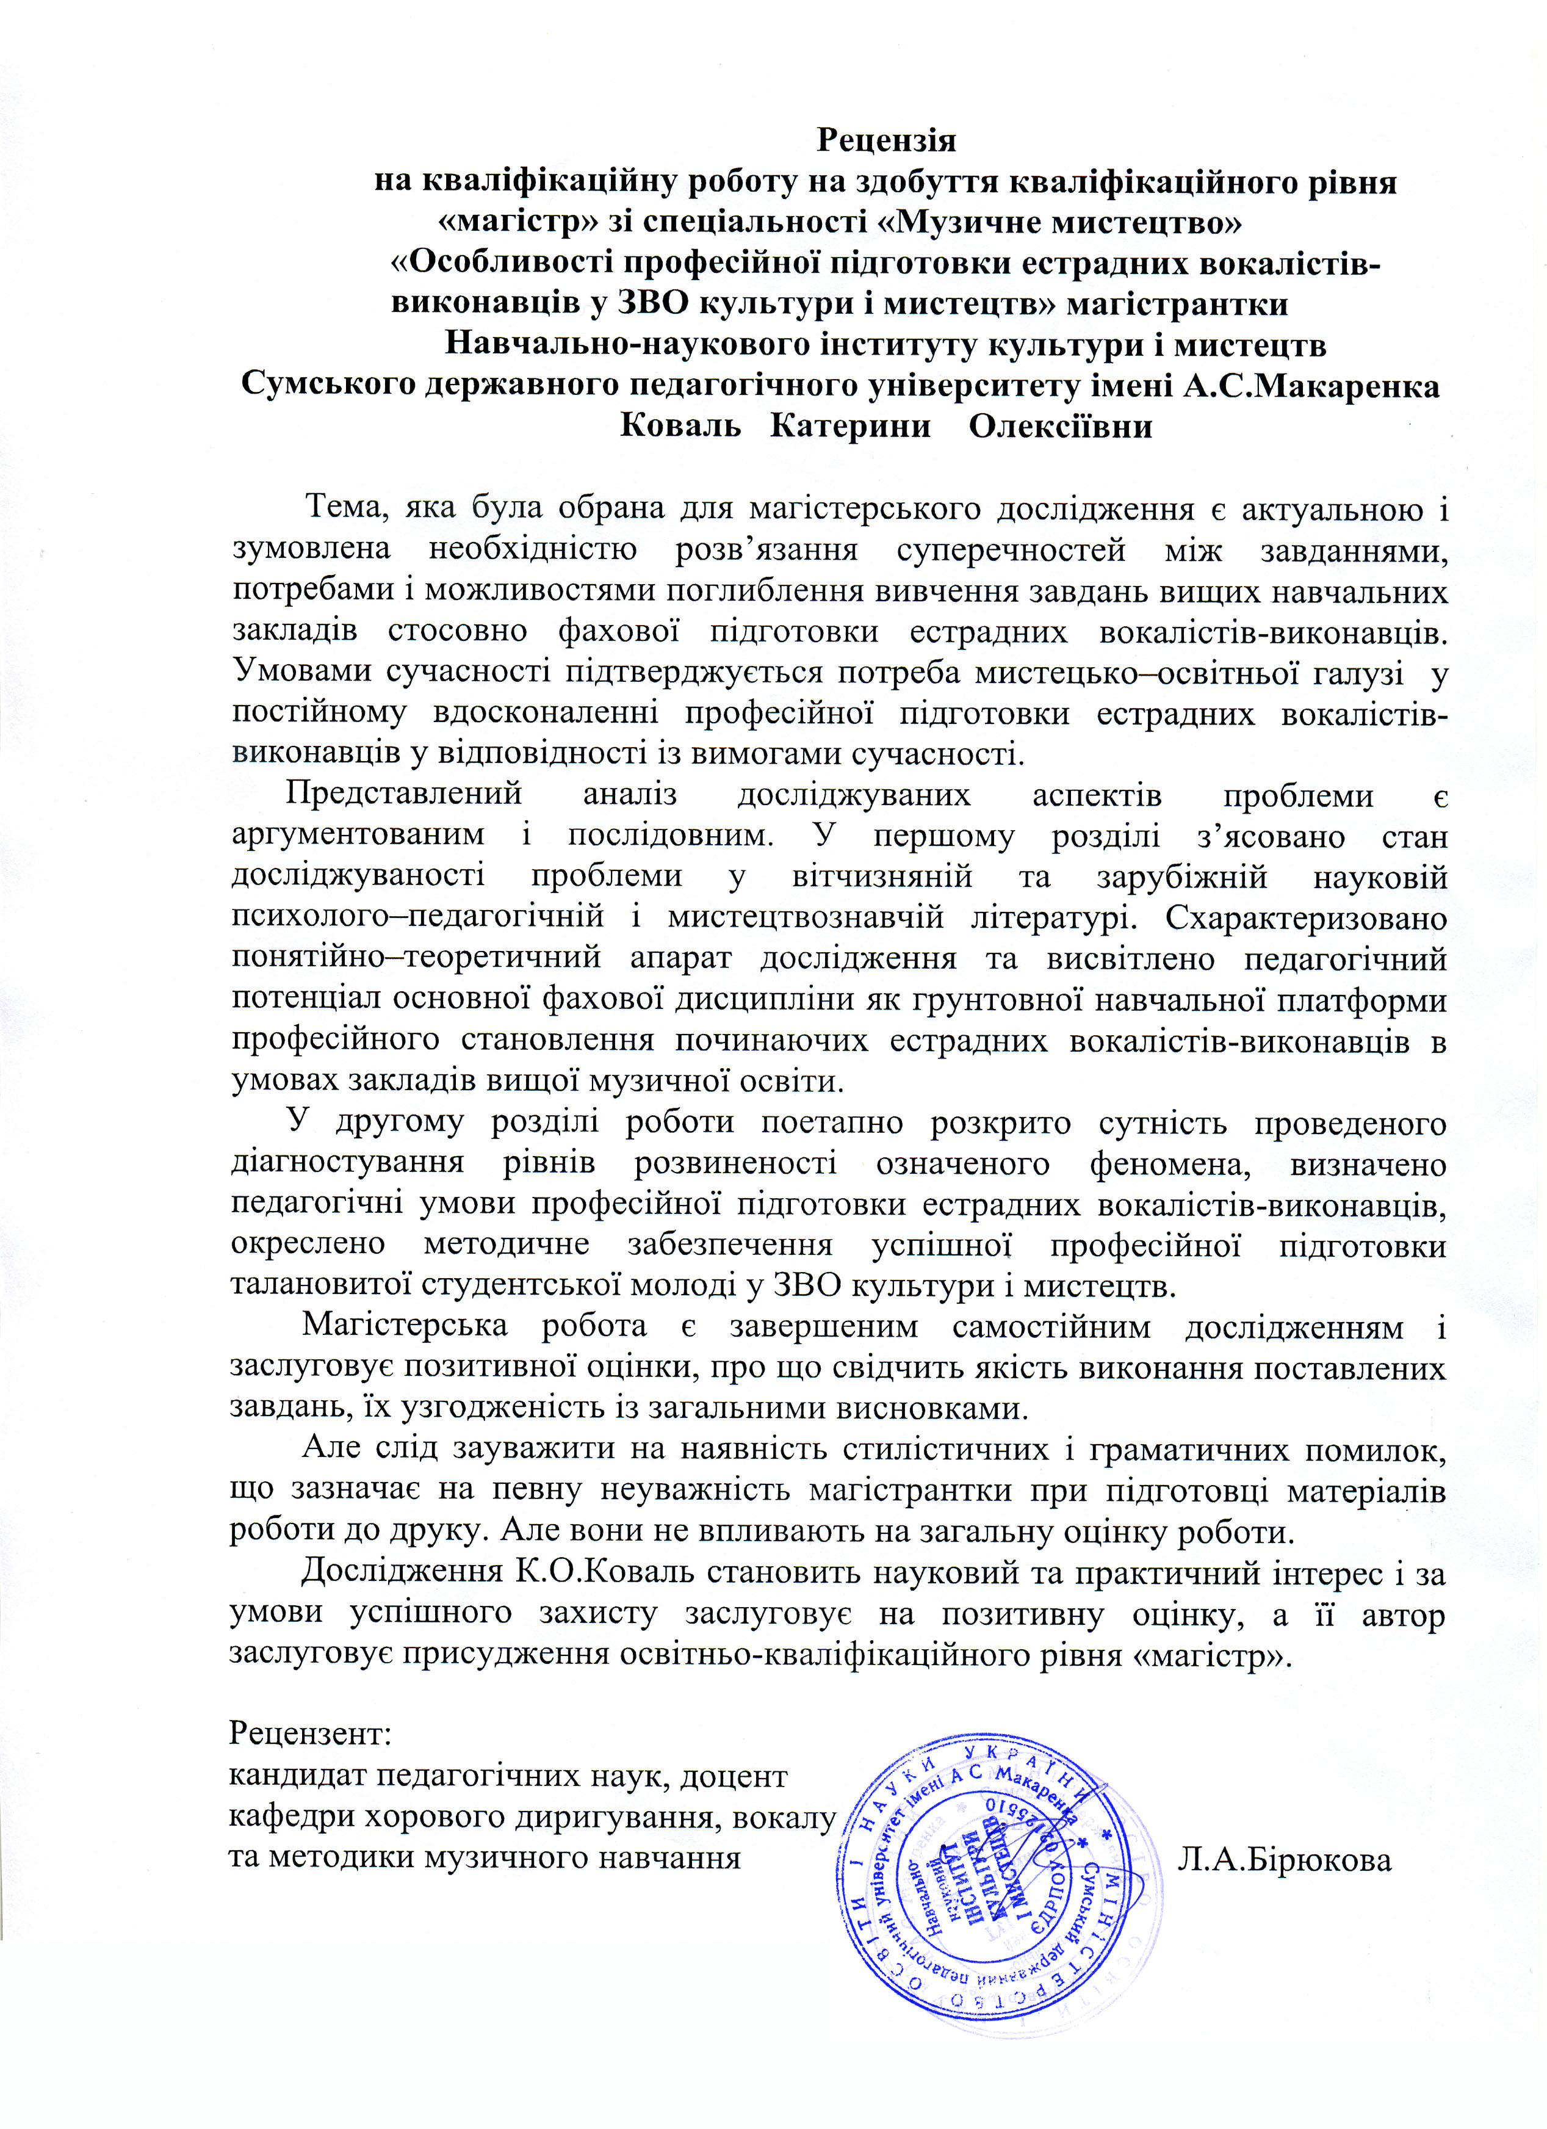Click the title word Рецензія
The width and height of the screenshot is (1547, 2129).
[886, 140]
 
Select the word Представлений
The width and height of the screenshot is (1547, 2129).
[403, 794]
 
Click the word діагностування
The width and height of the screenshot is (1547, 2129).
[347, 1162]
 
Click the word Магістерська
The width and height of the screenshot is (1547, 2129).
[403, 1326]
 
